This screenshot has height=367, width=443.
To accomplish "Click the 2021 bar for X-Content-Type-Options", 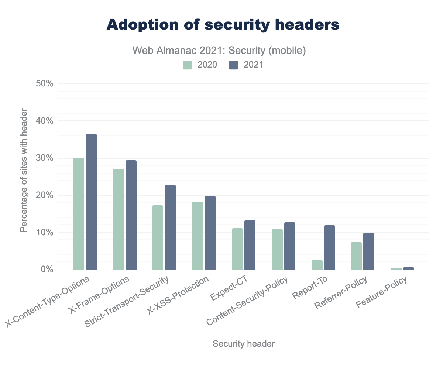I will coord(91,202).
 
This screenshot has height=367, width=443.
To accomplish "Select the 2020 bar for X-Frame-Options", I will coord(119,219).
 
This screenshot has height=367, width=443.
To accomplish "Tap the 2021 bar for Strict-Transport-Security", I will coord(170,227).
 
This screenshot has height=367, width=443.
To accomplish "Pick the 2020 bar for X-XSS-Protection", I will coord(198,236).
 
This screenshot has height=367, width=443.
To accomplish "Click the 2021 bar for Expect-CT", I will coord(250,245).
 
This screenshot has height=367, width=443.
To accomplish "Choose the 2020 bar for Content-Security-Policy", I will coord(277,249).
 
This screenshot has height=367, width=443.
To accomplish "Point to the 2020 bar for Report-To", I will coord(317,265).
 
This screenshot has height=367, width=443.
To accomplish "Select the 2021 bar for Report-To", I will coord(330,247).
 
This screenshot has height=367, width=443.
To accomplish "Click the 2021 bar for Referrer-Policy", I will coord(369,251).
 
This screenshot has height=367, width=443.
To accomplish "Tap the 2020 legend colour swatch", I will coord(188,65).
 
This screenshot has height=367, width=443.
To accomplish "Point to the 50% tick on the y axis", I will coord(45,84).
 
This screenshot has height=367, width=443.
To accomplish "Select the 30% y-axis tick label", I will coord(45,158).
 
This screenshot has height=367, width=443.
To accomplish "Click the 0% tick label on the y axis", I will coord(47,270).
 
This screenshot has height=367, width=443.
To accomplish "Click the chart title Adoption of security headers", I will coord(223,25).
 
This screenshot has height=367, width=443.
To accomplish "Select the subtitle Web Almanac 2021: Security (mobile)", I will coord(219,50).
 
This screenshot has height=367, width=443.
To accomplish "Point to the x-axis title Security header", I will coord(244,344).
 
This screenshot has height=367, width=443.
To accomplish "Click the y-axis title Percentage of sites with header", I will coord(24,170).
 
